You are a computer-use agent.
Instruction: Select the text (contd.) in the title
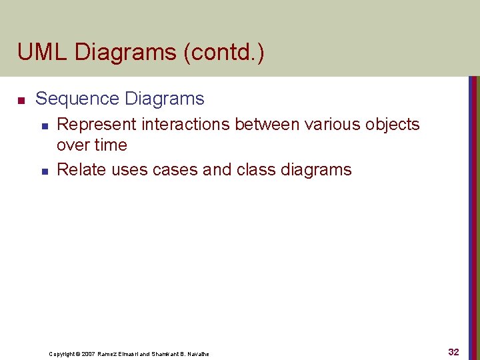230,52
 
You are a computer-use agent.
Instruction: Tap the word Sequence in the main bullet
77,99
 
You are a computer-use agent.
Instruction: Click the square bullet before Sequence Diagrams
21,101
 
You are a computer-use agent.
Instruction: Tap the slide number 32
453,351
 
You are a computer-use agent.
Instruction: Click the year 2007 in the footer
87,354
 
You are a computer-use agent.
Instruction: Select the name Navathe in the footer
197,354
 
